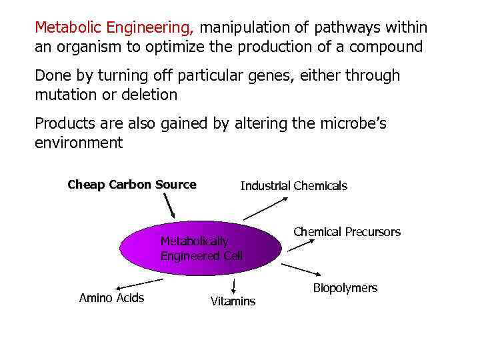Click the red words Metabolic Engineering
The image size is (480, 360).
[x=114, y=28]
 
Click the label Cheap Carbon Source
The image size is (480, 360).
[x=132, y=185]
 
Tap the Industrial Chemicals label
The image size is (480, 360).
[x=293, y=186]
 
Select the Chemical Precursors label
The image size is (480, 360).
[x=347, y=232]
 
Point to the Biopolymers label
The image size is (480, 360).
[x=345, y=288]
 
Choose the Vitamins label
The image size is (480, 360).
[x=233, y=301]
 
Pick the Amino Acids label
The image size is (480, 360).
[x=111, y=298]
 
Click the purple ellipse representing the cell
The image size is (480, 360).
[x=200, y=248]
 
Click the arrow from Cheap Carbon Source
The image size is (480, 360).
[x=170, y=207]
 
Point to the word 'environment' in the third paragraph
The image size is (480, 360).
[x=79, y=143]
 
